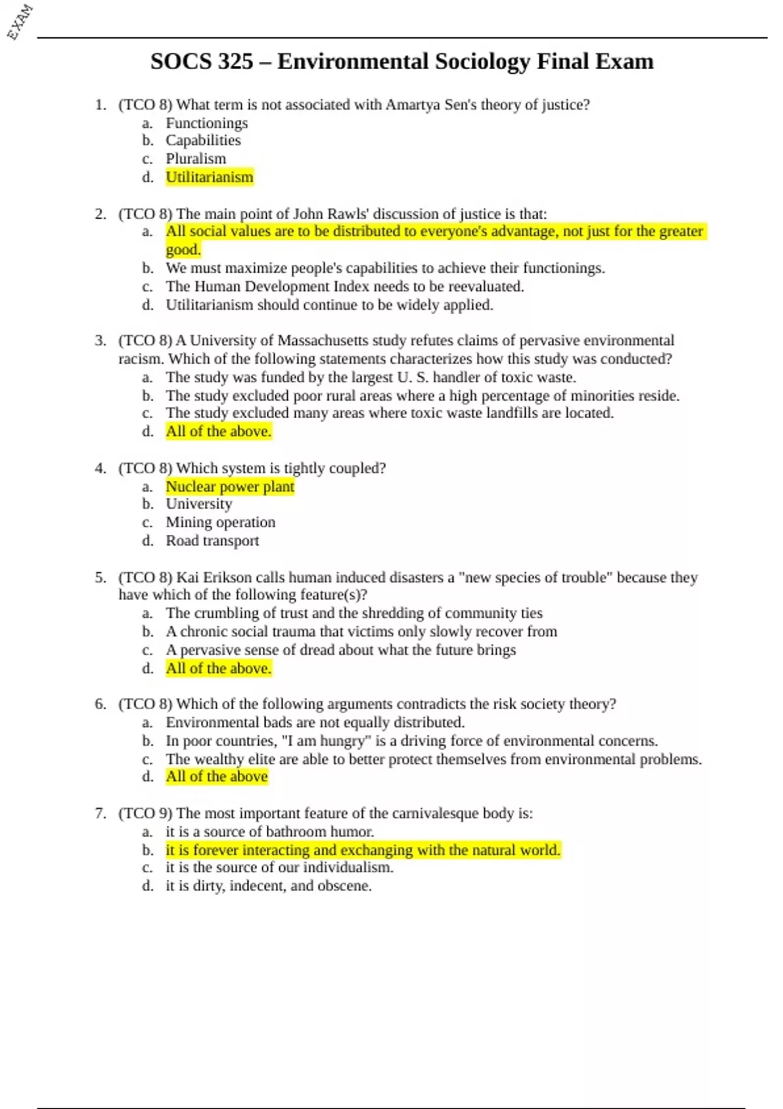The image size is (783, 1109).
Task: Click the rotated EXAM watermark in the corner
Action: tap(20, 22)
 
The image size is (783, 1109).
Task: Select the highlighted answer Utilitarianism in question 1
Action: tap(209, 177)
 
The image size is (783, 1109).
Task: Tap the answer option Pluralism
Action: tap(196, 159)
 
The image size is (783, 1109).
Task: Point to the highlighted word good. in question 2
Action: tap(183, 249)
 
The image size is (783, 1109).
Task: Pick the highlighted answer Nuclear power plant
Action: tap(230, 486)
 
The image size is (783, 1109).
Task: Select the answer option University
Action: tap(198, 504)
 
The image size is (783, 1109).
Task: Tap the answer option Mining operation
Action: tap(220, 522)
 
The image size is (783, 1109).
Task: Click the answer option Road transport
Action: tap(212, 540)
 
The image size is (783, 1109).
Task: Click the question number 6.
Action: tap(100, 704)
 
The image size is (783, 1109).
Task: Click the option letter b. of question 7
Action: tap(148, 850)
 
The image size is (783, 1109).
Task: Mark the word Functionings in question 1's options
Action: tap(206, 123)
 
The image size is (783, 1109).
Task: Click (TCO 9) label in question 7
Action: tap(145, 813)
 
